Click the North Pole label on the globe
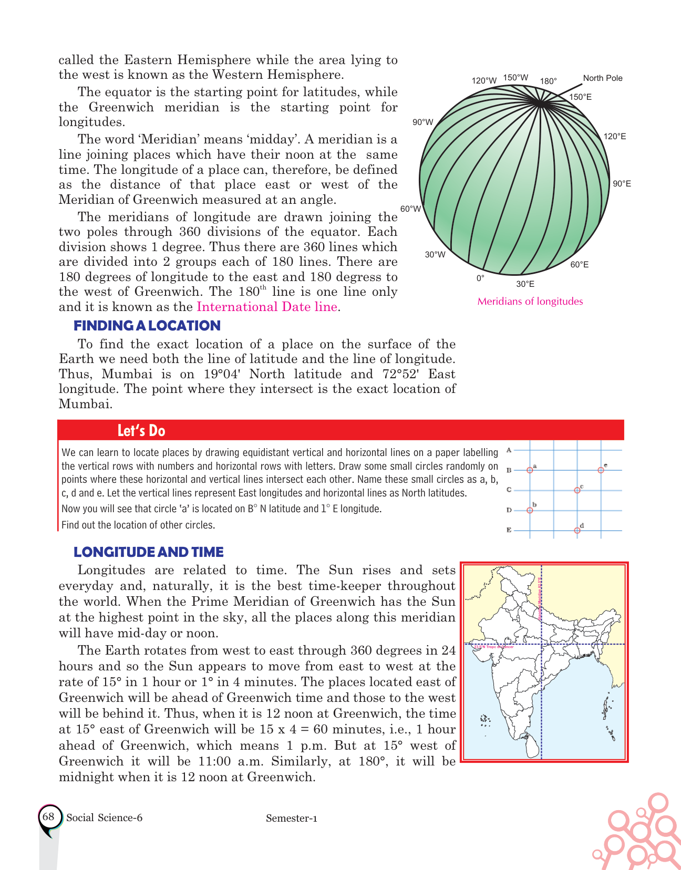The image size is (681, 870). click(602, 78)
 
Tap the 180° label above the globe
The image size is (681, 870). click(548, 81)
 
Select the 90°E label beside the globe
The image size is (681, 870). click(622, 184)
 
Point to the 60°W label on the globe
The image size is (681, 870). click(410, 209)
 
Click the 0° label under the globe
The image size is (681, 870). click(480, 278)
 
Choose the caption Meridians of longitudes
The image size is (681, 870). click(530, 302)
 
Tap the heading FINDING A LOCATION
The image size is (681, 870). click(147, 326)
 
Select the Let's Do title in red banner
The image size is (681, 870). click(141, 431)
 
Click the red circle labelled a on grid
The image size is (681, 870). click(530, 470)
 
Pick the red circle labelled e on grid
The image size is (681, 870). click(601, 470)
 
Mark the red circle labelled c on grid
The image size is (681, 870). click(577, 490)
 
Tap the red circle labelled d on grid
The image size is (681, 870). click(577, 530)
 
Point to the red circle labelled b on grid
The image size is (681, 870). click(530, 510)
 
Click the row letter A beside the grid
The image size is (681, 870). click(509, 450)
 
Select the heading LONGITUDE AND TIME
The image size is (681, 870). click(148, 552)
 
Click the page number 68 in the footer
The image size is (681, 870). click(48, 817)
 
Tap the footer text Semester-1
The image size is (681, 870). click(292, 819)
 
